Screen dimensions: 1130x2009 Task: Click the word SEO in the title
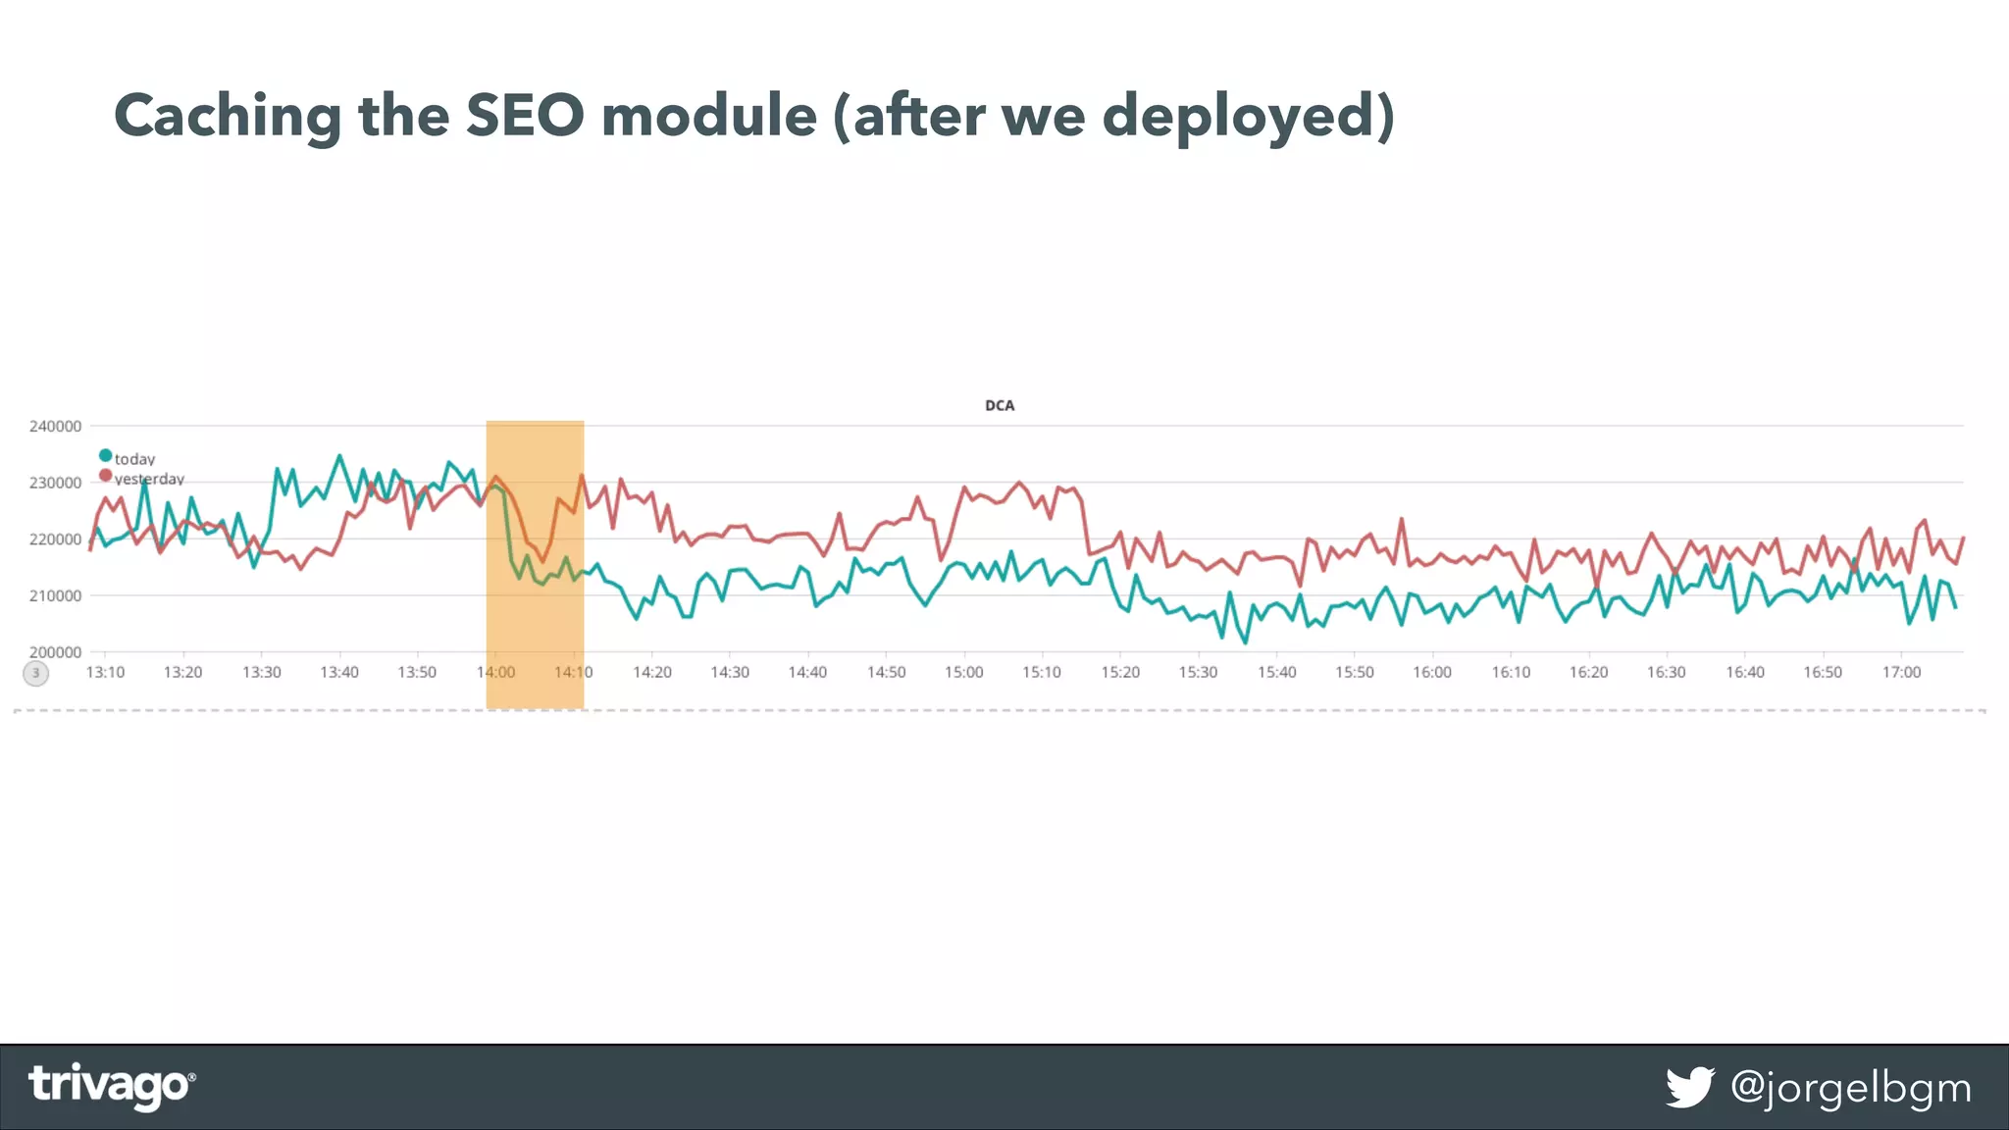pos(524,116)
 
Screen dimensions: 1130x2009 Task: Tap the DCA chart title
pos(1000,405)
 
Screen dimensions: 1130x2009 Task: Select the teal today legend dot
pos(105,455)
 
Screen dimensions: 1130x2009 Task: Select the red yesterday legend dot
pos(105,476)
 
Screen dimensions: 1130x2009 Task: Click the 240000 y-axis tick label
pos(55,427)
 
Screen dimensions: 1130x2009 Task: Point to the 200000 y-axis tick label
pos(55,652)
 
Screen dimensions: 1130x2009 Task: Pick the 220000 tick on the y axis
pos(55,539)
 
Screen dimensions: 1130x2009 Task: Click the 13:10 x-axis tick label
pos(105,673)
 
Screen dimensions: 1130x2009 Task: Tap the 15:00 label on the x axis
pos(963,673)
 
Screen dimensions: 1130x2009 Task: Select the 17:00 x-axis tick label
pos(1901,673)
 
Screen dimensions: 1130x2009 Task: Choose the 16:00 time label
pos(1432,673)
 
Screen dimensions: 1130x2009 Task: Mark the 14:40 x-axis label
pos(807,673)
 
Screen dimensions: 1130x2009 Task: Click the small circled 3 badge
pos(35,673)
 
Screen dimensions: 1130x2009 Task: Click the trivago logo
pos(111,1086)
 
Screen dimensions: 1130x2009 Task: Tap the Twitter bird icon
pos(1689,1087)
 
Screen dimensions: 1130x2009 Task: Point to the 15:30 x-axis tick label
pos(1198,673)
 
